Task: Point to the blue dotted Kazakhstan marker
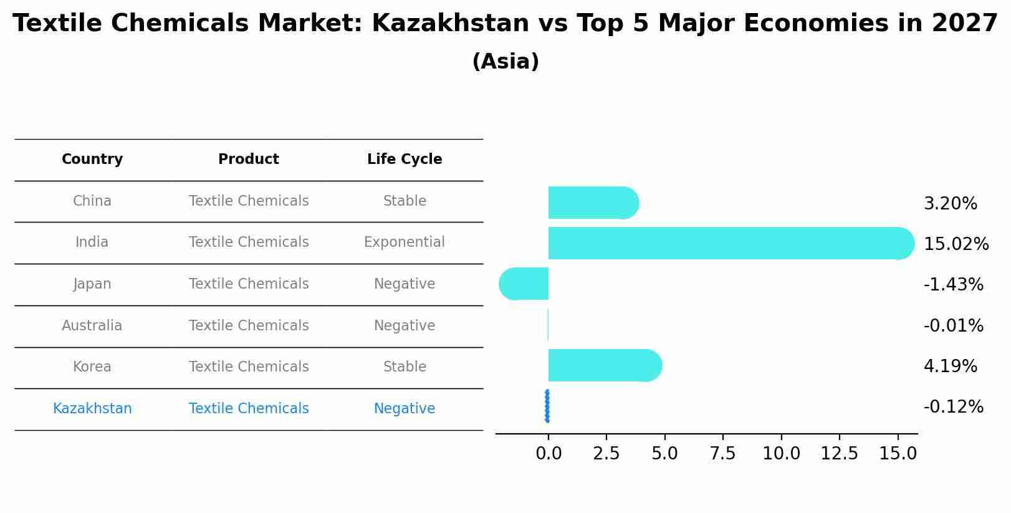tap(547, 406)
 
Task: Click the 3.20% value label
tap(950, 204)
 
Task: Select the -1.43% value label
tap(953, 285)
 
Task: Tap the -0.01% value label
tap(953, 326)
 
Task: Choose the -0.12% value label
tap(953, 407)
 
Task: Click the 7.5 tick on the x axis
tap(723, 454)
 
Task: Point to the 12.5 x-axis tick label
tap(839, 454)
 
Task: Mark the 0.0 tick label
tap(549, 454)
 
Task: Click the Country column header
tap(92, 160)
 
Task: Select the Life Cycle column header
tap(405, 160)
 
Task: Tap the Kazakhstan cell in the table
tap(92, 409)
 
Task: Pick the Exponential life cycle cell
tap(405, 242)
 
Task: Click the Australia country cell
tap(92, 326)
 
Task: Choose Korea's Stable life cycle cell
tap(405, 367)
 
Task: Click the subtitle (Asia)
tap(505, 62)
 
